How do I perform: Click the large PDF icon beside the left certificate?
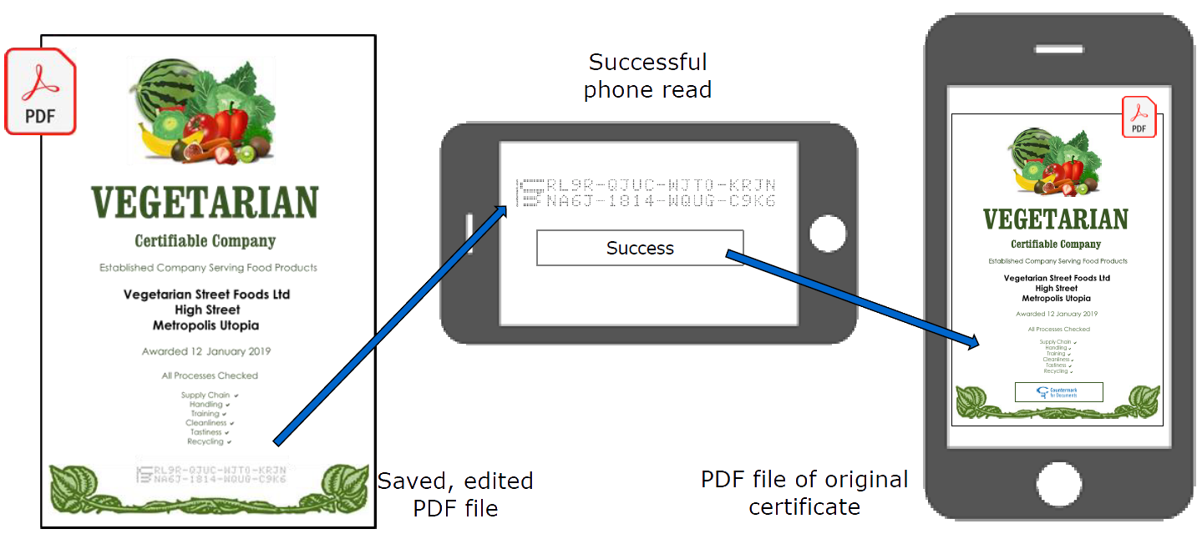coord(40,92)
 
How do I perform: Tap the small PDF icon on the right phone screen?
coord(1139,117)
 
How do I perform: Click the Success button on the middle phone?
coord(640,248)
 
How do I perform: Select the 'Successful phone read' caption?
coord(647,75)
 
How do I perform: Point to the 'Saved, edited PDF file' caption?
coord(455,494)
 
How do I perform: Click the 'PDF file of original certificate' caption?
coord(804,492)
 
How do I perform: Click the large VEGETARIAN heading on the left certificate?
coord(205,203)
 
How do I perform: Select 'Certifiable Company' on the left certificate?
coord(205,241)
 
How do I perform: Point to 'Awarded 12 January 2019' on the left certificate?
coord(205,352)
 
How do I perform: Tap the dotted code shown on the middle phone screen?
coord(647,193)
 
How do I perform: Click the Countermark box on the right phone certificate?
coord(1058,392)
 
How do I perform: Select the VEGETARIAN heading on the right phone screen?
coord(1055,219)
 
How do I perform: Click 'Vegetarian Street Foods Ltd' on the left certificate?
coord(206,295)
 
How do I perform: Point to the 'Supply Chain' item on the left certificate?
coord(205,395)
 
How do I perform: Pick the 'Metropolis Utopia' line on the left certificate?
coord(205,325)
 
